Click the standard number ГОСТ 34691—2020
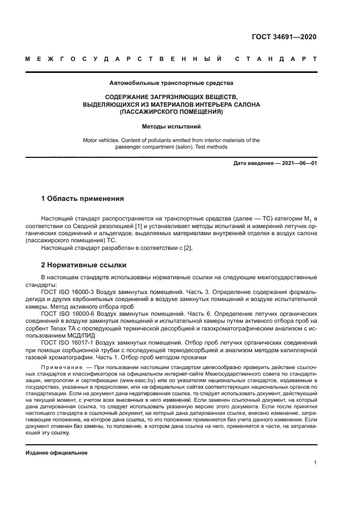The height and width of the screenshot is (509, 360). pos(284,37)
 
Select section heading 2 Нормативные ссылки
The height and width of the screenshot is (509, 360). pos(84,265)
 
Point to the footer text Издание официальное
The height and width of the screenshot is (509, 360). pos(57,452)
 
